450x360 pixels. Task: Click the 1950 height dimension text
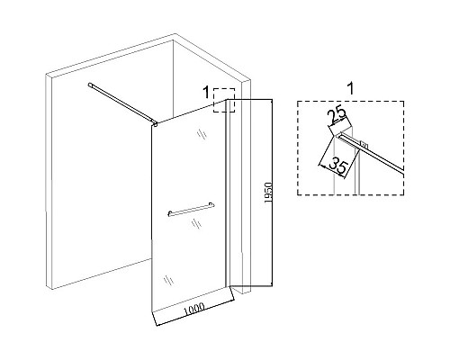268,193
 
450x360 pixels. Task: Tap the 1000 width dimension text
194,309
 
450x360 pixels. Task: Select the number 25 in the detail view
337,116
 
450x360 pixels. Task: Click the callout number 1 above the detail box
350,89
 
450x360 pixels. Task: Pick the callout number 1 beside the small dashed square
206,93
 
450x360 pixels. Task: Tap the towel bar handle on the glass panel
191,209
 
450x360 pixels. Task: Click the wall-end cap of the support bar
90,85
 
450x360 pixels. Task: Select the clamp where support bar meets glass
155,123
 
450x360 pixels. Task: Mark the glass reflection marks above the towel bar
202,134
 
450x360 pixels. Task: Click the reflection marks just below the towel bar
196,223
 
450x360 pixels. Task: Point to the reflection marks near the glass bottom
169,280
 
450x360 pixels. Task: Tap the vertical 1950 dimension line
272,193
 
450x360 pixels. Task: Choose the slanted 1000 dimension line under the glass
194,313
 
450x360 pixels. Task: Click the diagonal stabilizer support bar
122,103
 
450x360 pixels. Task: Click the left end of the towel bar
170,214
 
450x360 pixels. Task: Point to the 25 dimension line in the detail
340,122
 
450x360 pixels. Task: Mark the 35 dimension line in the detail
332,171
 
